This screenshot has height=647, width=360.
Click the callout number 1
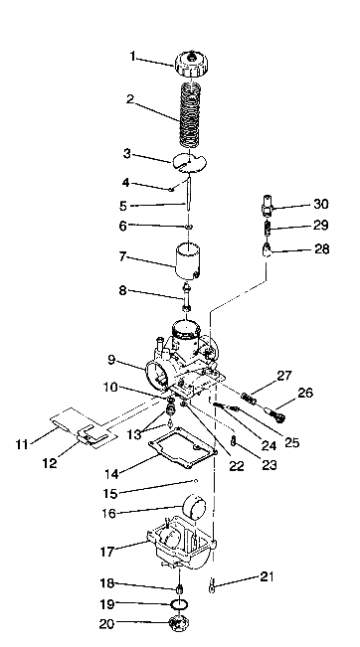click(132, 57)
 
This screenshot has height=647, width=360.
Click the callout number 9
click(111, 362)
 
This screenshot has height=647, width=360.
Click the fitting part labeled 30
click(268, 210)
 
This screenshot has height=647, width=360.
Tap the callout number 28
click(320, 251)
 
